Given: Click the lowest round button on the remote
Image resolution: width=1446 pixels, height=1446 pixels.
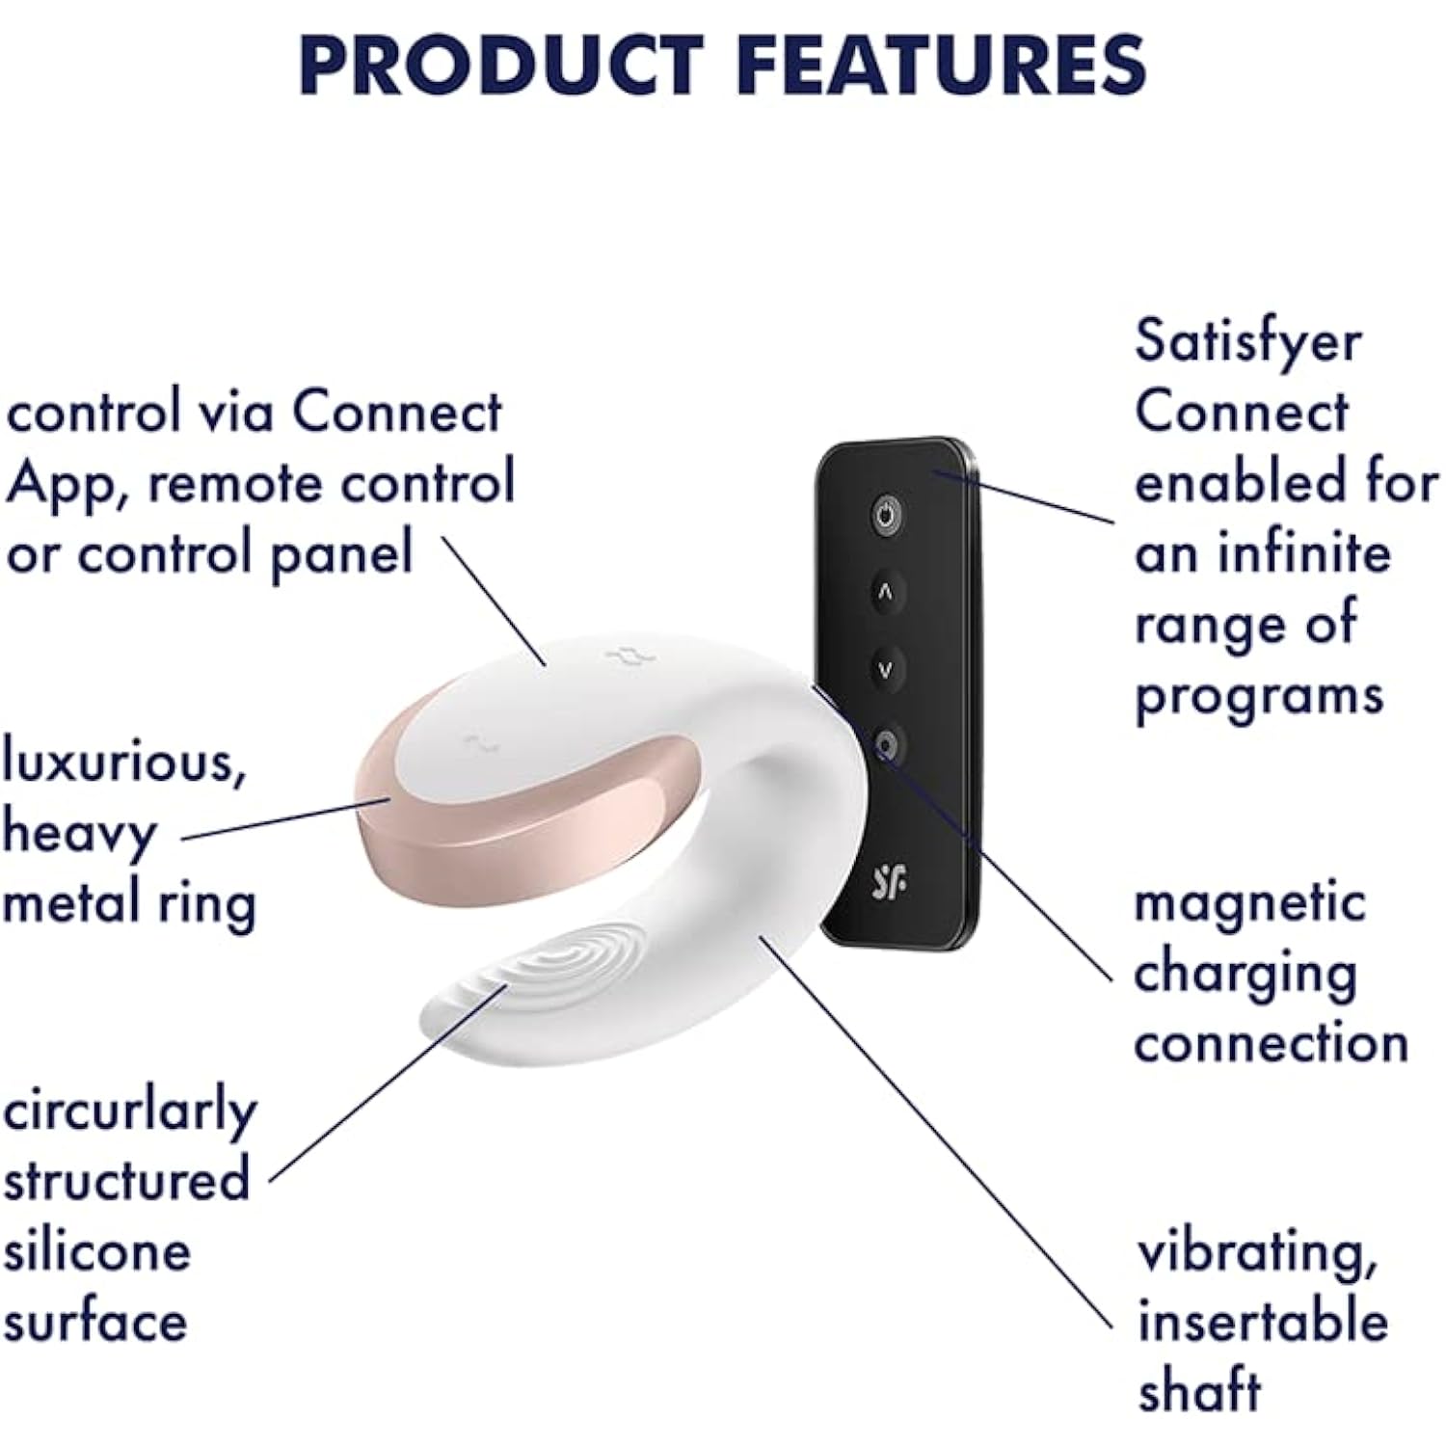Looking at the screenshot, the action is [887, 745].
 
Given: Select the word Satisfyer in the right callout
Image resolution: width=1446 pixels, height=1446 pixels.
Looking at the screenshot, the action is [1247, 341].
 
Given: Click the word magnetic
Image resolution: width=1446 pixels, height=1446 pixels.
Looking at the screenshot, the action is [1249, 904].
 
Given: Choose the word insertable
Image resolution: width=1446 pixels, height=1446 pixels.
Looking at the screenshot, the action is [1263, 1322].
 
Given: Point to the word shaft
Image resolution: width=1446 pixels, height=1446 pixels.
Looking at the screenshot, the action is [1199, 1391].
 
